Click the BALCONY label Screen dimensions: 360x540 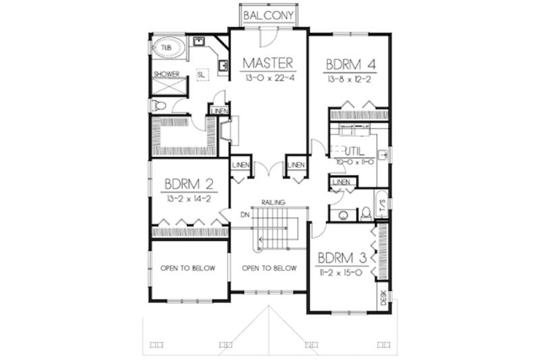[269, 15]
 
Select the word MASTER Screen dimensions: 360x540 [269, 63]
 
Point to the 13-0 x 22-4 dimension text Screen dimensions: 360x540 [269, 78]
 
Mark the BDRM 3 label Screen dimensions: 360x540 [343, 257]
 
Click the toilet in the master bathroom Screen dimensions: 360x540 [159, 105]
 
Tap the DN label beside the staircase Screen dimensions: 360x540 [244, 215]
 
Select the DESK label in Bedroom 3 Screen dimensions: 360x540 [383, 297]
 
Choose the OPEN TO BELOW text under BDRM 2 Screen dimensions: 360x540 [188, 268]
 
